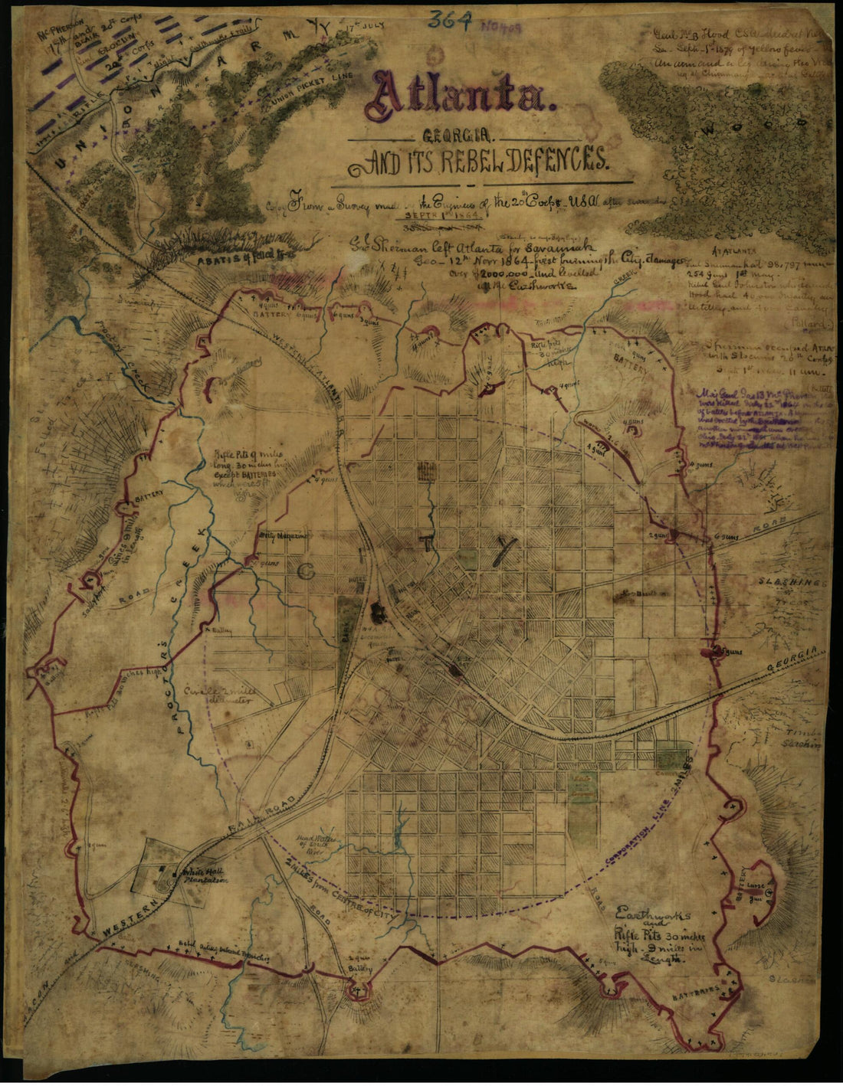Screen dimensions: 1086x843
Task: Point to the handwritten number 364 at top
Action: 450,21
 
